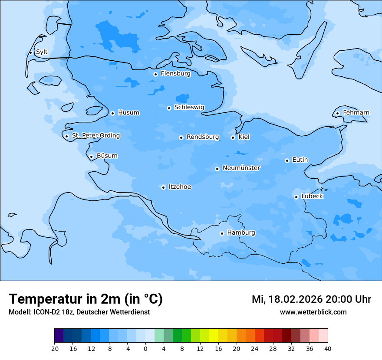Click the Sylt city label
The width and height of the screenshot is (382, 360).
42,52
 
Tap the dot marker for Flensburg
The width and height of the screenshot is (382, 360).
155,74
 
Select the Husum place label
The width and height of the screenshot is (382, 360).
128,113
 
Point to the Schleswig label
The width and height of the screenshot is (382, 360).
189,107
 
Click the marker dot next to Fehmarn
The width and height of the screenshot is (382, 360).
337,114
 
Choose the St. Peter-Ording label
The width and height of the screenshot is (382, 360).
95,136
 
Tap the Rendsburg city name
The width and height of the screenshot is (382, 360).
203,137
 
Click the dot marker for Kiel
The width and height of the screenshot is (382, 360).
233,137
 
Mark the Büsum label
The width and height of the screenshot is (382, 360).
107,156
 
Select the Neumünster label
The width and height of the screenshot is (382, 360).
241,168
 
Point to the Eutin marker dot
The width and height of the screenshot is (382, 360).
287,160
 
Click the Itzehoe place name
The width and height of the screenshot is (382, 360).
180,187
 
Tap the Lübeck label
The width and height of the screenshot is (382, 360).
312,196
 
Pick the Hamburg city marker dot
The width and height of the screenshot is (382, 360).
222,233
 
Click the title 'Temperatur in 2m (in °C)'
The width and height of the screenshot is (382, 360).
86,299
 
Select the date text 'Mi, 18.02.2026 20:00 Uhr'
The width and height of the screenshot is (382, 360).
311,299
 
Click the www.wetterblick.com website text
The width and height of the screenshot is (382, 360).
313,312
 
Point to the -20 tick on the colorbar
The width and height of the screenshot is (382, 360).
54,349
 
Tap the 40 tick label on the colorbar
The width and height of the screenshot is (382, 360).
327,349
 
